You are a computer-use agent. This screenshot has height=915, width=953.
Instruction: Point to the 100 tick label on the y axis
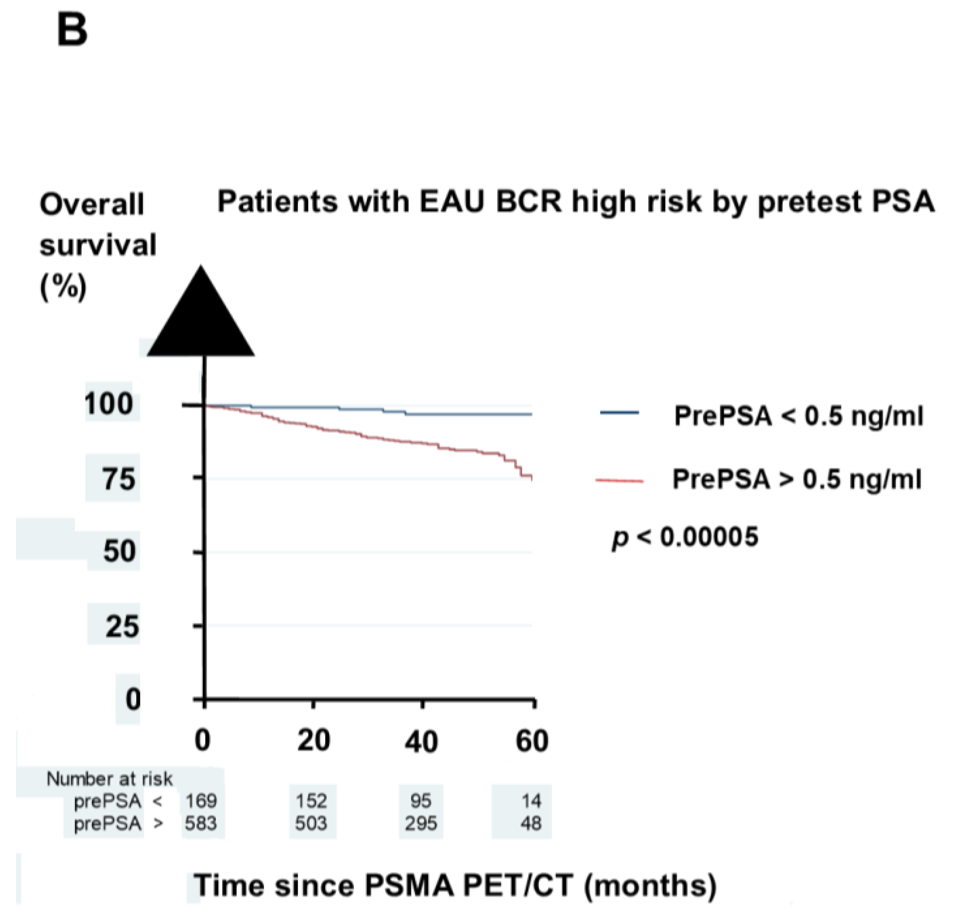(109, 404)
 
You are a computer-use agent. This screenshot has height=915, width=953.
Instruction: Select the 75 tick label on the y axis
(118, 479)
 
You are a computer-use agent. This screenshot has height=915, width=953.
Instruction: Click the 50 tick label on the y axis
(119, 552)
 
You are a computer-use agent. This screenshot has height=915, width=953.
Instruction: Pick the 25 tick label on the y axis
(122, 626)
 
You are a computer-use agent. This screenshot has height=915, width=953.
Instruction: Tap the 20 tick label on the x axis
(313, 741)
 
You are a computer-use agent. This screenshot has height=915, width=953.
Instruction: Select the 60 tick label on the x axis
(532, 741)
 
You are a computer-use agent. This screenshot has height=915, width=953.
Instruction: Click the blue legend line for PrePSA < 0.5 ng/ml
(620, 413)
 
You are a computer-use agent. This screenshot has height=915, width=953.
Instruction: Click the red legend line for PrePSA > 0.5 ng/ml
(620, 481)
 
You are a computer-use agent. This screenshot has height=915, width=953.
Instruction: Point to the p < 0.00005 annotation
(685, 537)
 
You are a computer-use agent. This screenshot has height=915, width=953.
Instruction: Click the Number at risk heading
(109, 779)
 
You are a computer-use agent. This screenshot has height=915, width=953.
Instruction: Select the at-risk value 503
(311, 823)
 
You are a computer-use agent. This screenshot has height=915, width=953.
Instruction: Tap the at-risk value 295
(421, 823)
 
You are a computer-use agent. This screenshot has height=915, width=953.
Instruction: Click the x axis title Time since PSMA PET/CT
(455, 885)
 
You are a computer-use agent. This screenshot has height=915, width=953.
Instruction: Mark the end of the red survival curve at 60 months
(532, 479)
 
